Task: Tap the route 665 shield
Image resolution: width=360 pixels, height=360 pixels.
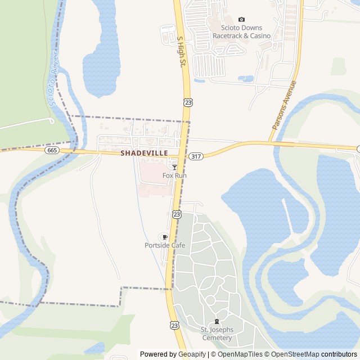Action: pyautogui.click(x=52, y=150)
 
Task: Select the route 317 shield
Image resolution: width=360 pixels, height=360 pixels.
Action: pyautogui.click(x=195, y=156)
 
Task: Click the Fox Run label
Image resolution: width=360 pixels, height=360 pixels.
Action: pyautogui.click(x=174, y=175)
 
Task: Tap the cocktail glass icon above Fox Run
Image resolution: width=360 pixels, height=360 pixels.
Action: pyautogui.click(x=174, y=167)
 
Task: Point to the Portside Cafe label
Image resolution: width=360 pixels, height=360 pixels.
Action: pyautogui.click(x=165, y=245)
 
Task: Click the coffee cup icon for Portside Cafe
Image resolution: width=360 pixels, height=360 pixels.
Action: pyautogui.click(x=165, y=237)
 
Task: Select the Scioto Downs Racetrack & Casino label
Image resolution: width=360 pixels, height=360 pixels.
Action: pyautogui.click(x=241, y=31)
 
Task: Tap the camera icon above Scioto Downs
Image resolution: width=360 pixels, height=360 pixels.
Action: pyautogui.click(x=242, y=20)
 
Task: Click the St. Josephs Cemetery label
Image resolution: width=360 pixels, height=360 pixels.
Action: pyautogui.click(x=217, y=334)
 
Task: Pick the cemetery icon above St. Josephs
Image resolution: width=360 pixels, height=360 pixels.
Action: pyautogui.click(x=217, y=321)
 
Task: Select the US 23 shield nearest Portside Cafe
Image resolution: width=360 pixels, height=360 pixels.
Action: pyautogui.click(x=177, y=214)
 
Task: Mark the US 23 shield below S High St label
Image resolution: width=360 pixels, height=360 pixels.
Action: pyautogui.click(x=187, y=102)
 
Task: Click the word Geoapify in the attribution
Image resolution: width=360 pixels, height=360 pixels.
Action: pyautogui.click(x=192, y=354)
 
